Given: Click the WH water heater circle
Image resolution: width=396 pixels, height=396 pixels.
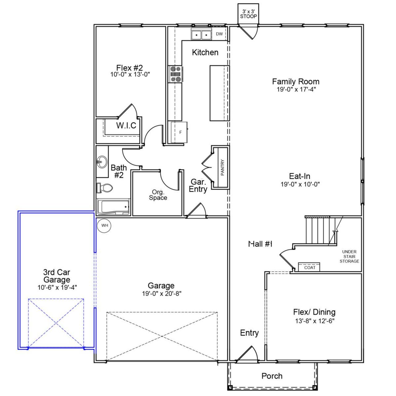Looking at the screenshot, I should tap(104, 226).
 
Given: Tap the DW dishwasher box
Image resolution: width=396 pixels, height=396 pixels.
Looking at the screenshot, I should tap(219, 34).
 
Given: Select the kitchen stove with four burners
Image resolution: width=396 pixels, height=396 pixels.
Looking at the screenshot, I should tap(175, 74).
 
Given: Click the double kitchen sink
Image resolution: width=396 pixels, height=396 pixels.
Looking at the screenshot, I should tap(201, 35).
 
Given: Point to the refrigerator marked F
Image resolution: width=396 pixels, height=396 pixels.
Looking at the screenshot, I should tap(179, 132).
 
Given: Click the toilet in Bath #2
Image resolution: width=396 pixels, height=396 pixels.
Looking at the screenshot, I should tap(105, 188).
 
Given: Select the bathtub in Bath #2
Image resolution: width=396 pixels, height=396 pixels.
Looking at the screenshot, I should tap(113, 207).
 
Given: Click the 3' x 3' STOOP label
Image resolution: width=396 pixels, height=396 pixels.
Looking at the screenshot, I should tap(248, 14).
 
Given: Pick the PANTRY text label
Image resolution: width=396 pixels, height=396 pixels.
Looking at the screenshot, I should tap(222, 167).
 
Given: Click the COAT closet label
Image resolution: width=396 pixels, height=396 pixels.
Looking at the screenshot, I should tap(309, 267).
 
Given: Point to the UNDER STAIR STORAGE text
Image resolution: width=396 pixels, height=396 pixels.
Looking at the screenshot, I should tap(349, 256).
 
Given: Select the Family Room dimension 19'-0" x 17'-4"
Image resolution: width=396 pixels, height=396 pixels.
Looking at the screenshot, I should tap(296, 89).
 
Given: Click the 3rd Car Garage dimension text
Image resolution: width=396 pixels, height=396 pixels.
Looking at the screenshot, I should tap(57, 287).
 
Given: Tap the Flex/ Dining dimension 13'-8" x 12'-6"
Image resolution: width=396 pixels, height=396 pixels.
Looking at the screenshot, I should tap(314, 321).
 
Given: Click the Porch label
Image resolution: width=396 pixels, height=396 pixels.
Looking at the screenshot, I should tap(272, 376).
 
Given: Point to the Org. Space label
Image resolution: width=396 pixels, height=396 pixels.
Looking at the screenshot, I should tap(158, 195).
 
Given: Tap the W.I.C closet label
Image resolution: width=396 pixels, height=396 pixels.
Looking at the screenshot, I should tap(126, 125).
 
